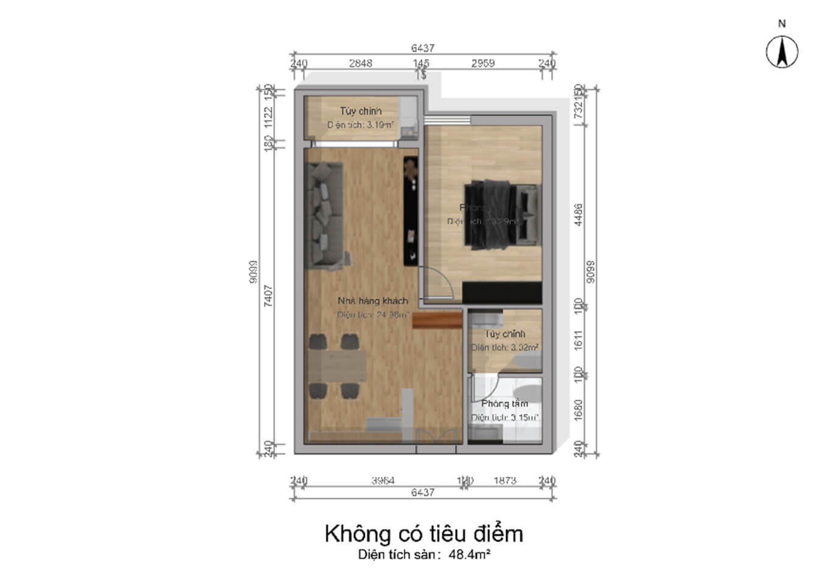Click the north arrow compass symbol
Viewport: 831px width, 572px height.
point(782,52)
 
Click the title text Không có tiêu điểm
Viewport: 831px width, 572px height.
point(423,534)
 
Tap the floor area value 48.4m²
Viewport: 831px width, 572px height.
point(470,555)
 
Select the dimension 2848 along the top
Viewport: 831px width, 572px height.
point(360,63)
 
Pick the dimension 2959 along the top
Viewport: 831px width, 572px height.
point(483,63)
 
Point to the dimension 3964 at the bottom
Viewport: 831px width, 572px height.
point(383,481)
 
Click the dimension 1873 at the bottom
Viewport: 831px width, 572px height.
point(505,481)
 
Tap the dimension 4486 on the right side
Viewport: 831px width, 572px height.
point(579,215)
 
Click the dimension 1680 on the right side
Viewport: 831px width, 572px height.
point(579,409)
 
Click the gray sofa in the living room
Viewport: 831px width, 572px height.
point(326,216)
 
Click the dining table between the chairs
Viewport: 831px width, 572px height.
point(336,367)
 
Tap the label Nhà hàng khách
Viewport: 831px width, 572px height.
point(372,301)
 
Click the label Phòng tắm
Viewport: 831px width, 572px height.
point(504,404)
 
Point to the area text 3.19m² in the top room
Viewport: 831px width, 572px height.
point(378,125)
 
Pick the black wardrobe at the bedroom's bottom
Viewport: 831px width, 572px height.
point(501,293)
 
